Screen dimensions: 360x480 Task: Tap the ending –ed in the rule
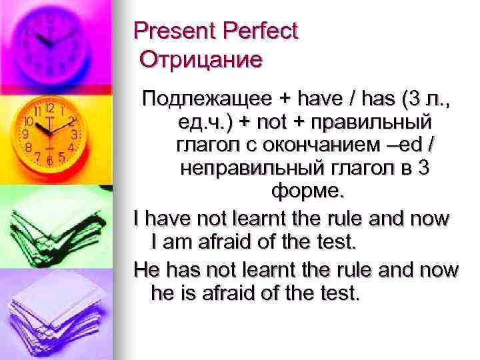coord(408,146)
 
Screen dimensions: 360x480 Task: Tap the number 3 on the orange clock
coord(75,134)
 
